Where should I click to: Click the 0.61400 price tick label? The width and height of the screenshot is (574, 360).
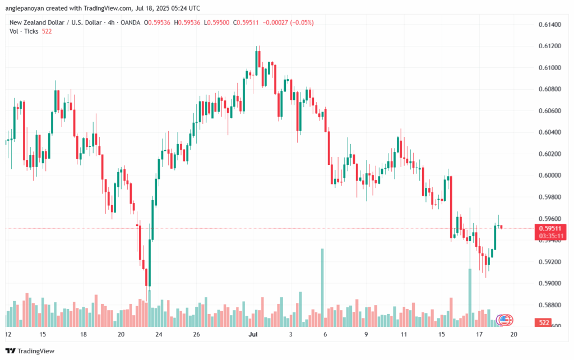pos(549,25)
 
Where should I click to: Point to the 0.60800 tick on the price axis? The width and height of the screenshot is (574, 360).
pos(549,89)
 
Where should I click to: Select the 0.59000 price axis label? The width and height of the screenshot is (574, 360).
pos(549,284)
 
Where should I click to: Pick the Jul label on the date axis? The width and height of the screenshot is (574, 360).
pos(253,334)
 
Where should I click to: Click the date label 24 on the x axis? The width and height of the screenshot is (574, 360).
pos(159,334)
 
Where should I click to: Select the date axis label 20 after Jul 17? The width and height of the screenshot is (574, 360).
pos(513,334)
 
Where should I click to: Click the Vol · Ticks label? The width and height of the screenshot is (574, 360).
pos(24,31)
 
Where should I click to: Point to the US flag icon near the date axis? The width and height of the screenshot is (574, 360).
pos(506,320)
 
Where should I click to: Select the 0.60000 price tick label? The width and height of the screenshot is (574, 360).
pos(549,176)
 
